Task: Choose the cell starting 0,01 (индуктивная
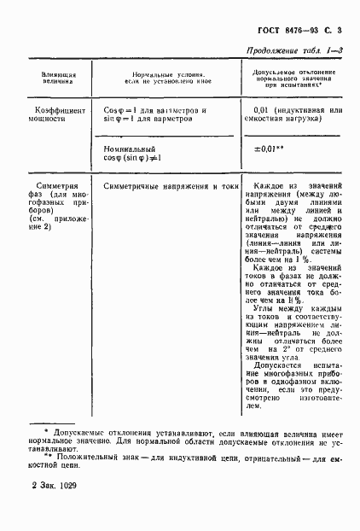click(293, 116)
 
